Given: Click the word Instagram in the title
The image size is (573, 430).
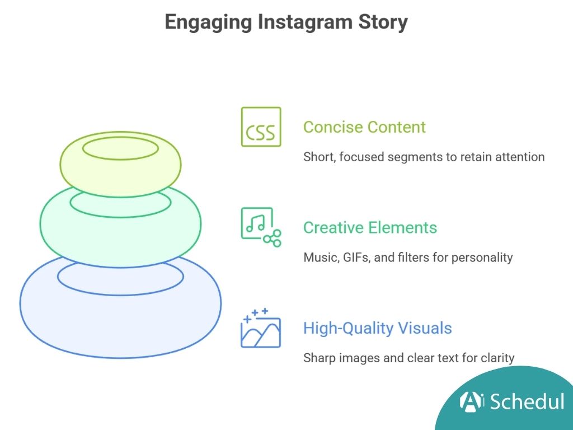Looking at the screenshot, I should (305, 22).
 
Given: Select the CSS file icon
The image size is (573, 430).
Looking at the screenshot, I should (261, 127).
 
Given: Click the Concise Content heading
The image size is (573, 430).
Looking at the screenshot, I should (364, 127).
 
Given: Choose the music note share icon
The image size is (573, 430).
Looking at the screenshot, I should (261, 227).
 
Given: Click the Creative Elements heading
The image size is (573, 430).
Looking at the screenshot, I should (370, 228).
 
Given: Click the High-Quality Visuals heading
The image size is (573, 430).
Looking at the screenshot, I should (377, 328).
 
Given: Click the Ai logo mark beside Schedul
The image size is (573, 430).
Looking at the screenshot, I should (472, 401).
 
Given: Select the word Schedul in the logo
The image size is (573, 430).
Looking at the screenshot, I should (527, 401).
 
